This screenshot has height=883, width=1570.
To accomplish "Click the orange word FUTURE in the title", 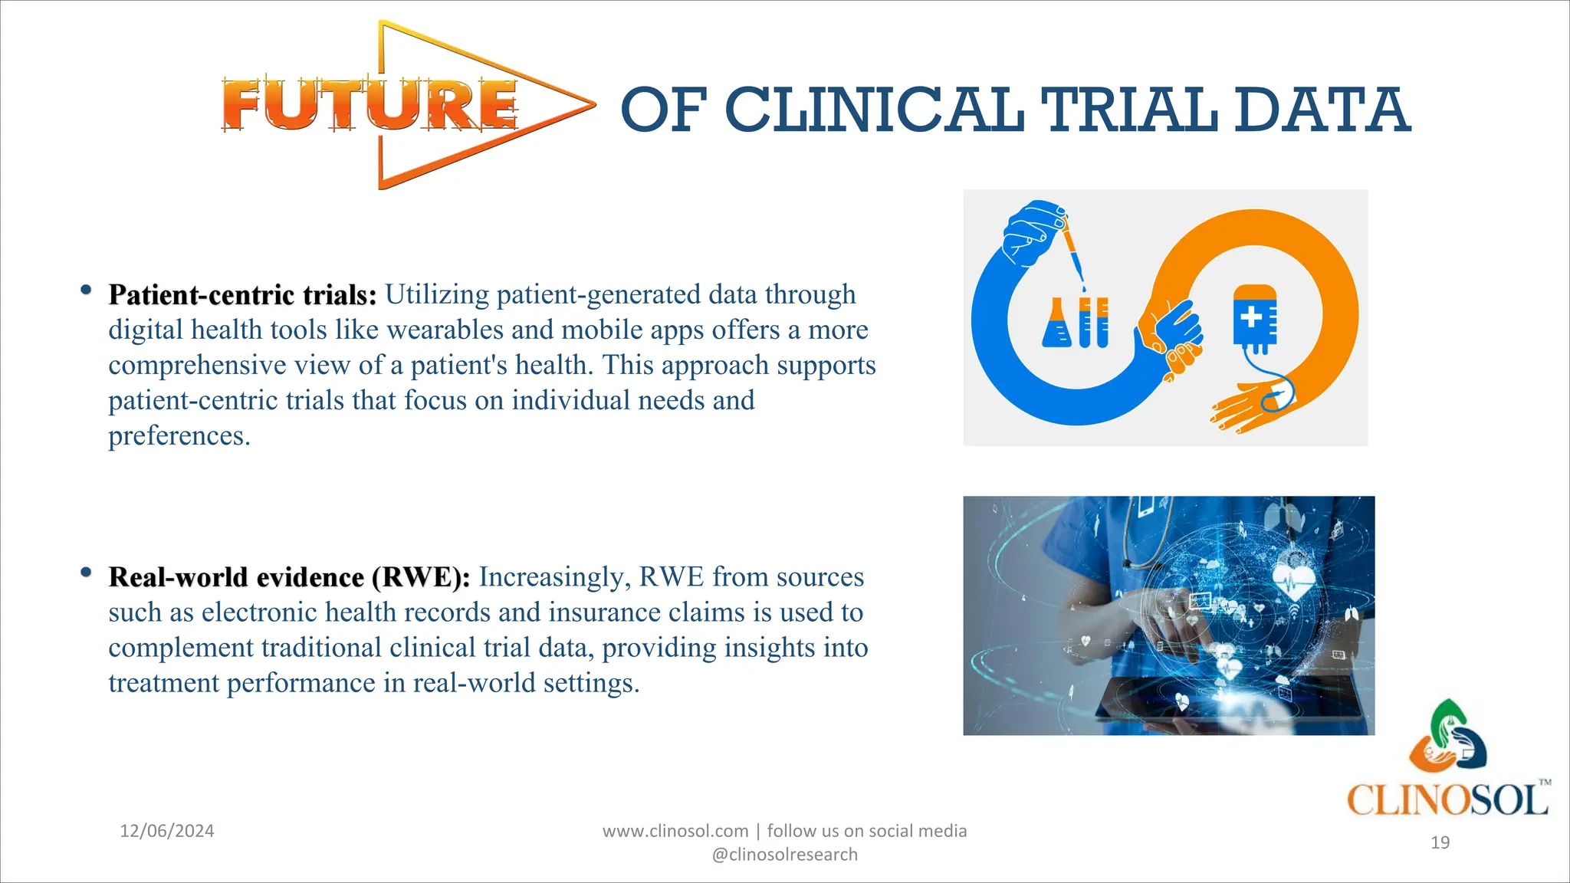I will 370,105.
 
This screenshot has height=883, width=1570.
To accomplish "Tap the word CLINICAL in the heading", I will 874,110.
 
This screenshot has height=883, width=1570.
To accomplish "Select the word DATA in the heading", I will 1322,110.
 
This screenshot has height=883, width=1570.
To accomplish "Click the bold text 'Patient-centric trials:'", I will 242,295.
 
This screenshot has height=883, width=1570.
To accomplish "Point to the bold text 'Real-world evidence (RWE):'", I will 289,577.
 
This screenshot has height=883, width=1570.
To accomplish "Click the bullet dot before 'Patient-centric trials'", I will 86,290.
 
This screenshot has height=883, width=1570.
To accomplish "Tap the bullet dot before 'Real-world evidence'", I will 86,572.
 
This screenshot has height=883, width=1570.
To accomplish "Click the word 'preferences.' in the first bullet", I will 179,436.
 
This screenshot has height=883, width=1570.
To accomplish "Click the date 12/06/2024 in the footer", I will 167,831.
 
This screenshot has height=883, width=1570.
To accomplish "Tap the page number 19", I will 1440,842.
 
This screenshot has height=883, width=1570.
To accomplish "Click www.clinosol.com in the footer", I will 675,831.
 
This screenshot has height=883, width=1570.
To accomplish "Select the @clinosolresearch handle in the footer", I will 784,855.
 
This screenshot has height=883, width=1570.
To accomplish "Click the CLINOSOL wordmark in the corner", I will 1447,800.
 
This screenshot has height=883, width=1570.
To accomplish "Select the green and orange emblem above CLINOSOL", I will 1447,736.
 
